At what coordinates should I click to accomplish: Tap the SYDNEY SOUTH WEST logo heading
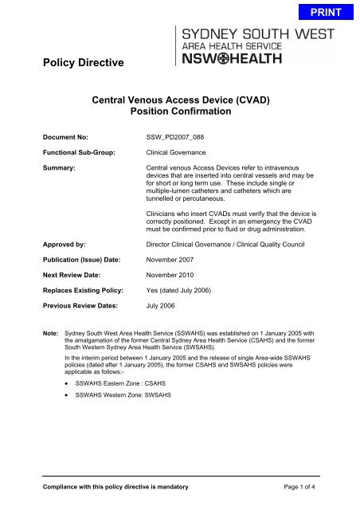click(261, 35)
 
